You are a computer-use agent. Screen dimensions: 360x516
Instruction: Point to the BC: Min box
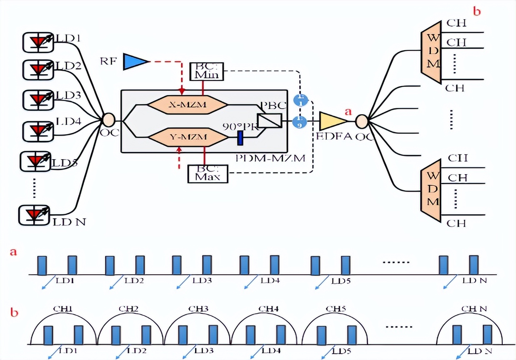[x=207, y=71]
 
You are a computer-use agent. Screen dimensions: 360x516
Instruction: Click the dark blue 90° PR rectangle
[x=240, y=138]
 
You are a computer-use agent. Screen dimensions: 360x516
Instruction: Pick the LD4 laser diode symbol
[x=38, y=130]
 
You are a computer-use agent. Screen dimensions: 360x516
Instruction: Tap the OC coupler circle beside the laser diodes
[x=108, y=120]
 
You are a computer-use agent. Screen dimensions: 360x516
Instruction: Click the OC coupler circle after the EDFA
[x=361, y=121]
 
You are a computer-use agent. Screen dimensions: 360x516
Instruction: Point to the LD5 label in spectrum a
[x=341, y=281]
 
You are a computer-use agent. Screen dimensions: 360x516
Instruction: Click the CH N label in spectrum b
[x=474, y=310]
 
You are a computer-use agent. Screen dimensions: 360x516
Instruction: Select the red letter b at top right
[x=476, y=11]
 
